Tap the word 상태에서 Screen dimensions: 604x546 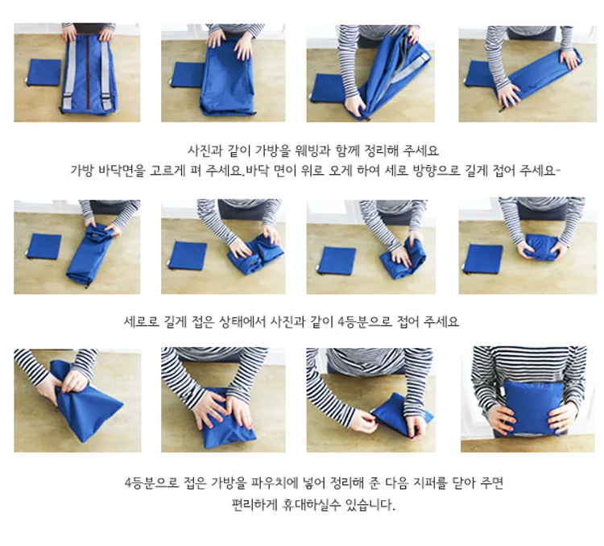(x=242, y=321)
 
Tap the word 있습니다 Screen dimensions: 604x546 (x=370, y=504)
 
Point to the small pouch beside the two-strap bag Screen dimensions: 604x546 (x=44, y=72)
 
